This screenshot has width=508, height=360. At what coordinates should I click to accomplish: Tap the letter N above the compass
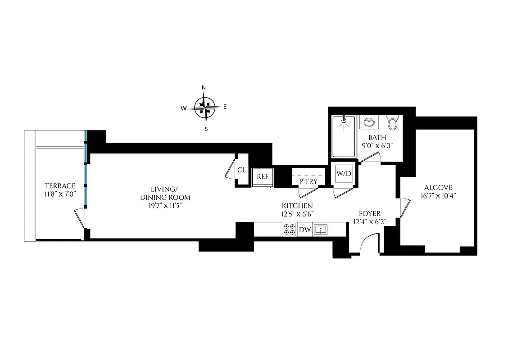pyautogui.click(x=204, y=88)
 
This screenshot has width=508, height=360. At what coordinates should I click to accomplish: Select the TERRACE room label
pyautogui.click(x=59, y=186)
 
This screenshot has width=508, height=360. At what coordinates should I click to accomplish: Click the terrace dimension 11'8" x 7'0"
pyautogui.click(x=59, y=194)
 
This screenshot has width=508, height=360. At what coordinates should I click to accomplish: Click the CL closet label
pyautogui.click(x=242, y=170)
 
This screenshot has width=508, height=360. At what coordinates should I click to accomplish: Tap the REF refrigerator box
pyautogui.click(x=263, y=176)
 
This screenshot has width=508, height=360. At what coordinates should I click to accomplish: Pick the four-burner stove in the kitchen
pyautogui.click(x=290, y=229)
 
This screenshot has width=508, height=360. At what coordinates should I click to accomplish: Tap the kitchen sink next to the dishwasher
pyautogui.click(x=320, y=229)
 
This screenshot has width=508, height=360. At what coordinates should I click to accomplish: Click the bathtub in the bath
pyautogui.click(x=344, y=136)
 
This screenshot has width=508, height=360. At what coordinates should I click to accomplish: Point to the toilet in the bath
pyautogui.click(x=393, y=122)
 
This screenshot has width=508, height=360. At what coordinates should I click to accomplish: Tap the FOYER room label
pyautogui.click(x=370, y=213)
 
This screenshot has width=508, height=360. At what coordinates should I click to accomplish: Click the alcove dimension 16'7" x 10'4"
pyautogui.click(x=437, y=196)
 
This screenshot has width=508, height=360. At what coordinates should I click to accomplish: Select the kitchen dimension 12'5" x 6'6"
pyautogui.click(x=298, y=214)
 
